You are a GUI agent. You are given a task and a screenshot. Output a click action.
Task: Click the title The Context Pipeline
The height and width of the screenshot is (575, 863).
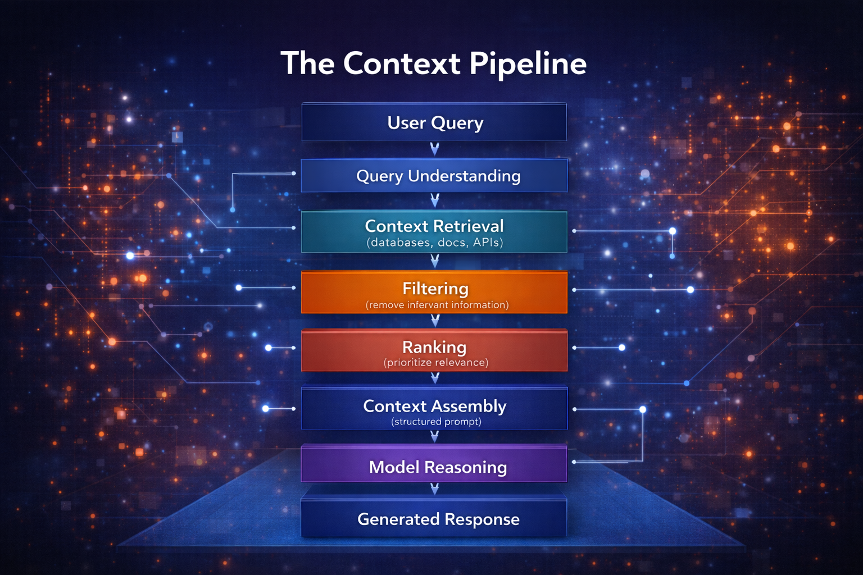coord(433,63)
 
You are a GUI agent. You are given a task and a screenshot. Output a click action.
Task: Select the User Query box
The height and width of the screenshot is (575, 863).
coord(434,122)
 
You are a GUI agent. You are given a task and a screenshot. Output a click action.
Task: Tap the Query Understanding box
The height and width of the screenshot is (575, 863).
coord(434,176)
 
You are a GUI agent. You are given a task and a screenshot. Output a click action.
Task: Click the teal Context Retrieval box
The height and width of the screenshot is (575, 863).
coord(434,232)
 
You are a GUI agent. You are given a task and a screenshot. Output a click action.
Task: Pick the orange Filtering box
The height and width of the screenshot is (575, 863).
coord(434,293)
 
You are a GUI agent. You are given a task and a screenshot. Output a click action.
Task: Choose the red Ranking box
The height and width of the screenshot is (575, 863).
coord(434,350)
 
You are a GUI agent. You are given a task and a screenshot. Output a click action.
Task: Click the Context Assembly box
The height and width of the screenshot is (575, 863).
coord(434,408)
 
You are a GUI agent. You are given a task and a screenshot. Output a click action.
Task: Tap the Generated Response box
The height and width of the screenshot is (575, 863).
coord(434,518)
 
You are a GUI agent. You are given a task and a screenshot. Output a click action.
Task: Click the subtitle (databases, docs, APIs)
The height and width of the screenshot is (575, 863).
coord(435,243)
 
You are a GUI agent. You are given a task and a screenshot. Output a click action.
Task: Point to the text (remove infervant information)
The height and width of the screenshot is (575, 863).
coord(437,305)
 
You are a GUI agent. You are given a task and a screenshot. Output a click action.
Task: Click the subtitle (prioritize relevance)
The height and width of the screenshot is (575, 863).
coord(436,363)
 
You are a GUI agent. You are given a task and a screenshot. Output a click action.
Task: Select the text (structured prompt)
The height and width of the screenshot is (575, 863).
coord(436,422)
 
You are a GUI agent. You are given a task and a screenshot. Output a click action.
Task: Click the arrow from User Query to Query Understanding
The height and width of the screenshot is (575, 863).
coord(434,149)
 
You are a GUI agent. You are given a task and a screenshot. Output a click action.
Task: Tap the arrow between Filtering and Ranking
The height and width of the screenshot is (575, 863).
coord(434,321)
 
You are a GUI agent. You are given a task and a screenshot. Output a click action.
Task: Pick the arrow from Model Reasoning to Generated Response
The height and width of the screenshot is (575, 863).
coord(434,490)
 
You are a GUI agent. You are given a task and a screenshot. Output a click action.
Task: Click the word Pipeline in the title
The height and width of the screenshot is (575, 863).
coord(528,64)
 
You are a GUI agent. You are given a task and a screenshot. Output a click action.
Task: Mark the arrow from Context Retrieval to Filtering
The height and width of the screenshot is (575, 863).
coord(434,261)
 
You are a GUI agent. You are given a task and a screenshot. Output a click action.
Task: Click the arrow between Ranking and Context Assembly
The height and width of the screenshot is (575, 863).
coord(434,378)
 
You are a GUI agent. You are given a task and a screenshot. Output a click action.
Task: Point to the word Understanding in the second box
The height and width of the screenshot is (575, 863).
coord(464,176)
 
